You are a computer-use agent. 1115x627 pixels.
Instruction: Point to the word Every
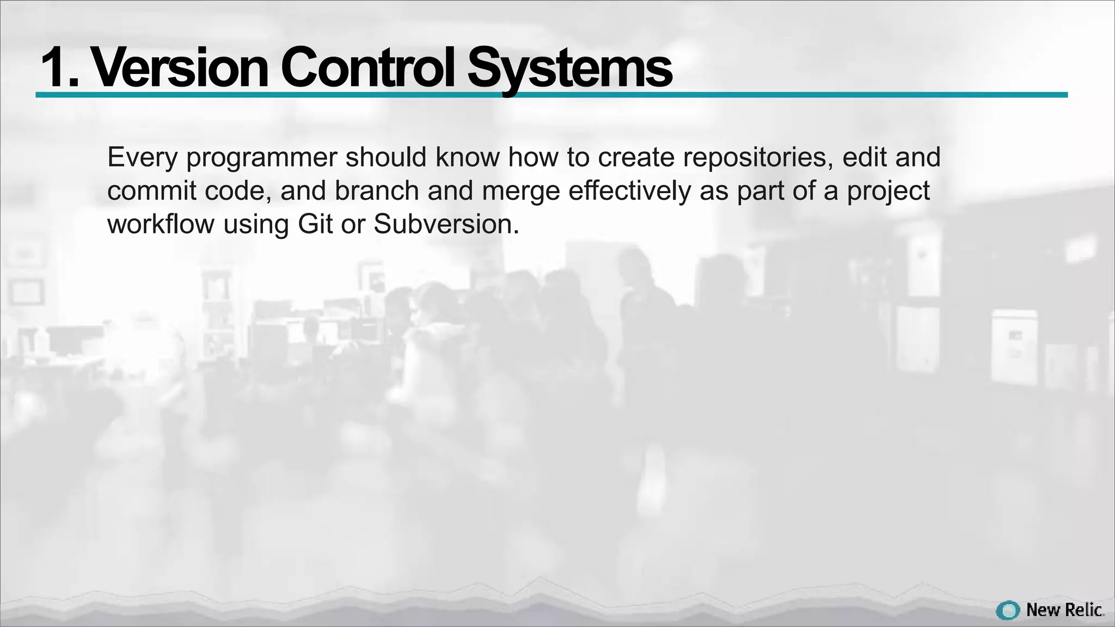[x=142, y=158]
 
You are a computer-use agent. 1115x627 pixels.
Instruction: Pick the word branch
[x=376, y=191]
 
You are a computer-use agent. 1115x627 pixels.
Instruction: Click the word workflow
[x=161, y=224]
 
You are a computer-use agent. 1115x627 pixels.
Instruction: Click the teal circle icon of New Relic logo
[x=1008, y=610]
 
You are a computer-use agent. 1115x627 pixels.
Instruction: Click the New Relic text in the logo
[x=1064, y=610]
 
